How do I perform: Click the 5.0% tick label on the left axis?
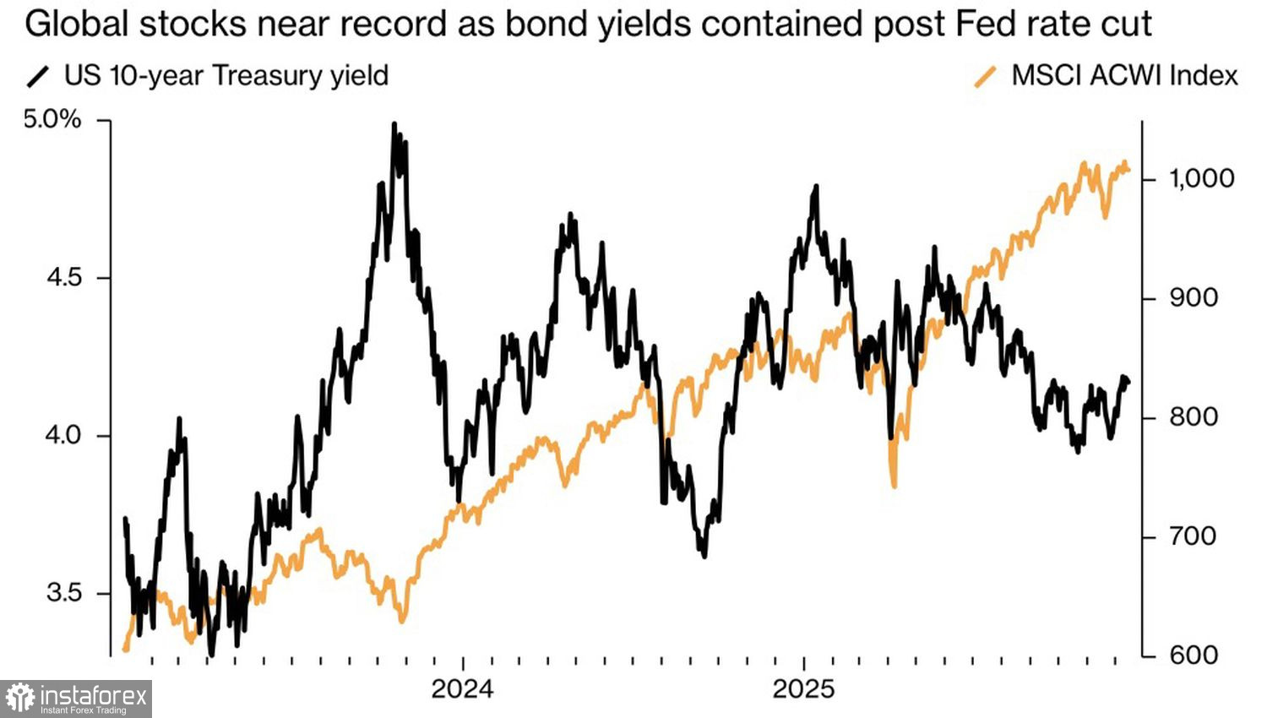(x=52, y=120)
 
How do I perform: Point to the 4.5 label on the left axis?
(x=64, y=278)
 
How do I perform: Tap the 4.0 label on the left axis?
(x=64, y=436)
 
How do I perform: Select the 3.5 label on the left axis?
(x=64, y=593)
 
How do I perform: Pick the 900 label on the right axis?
(x=1193, y=297)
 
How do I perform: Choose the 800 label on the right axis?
(x=1193, y=417)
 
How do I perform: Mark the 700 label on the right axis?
(x=1193, y=536)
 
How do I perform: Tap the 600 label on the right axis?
(x=1193, y=655)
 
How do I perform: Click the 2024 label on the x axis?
(x=462, y=689)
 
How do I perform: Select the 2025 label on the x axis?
(x=803, y=689)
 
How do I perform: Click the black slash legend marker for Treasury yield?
(x=38, y=77)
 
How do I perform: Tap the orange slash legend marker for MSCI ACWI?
(x=985, y=77)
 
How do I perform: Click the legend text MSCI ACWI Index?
(x=1124, y=76)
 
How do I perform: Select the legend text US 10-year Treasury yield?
(x=226, y=76)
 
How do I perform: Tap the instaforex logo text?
(x=93, y=697)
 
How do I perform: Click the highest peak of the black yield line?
(x=394, y=125)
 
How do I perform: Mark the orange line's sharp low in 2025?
(x=894, y=486)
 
